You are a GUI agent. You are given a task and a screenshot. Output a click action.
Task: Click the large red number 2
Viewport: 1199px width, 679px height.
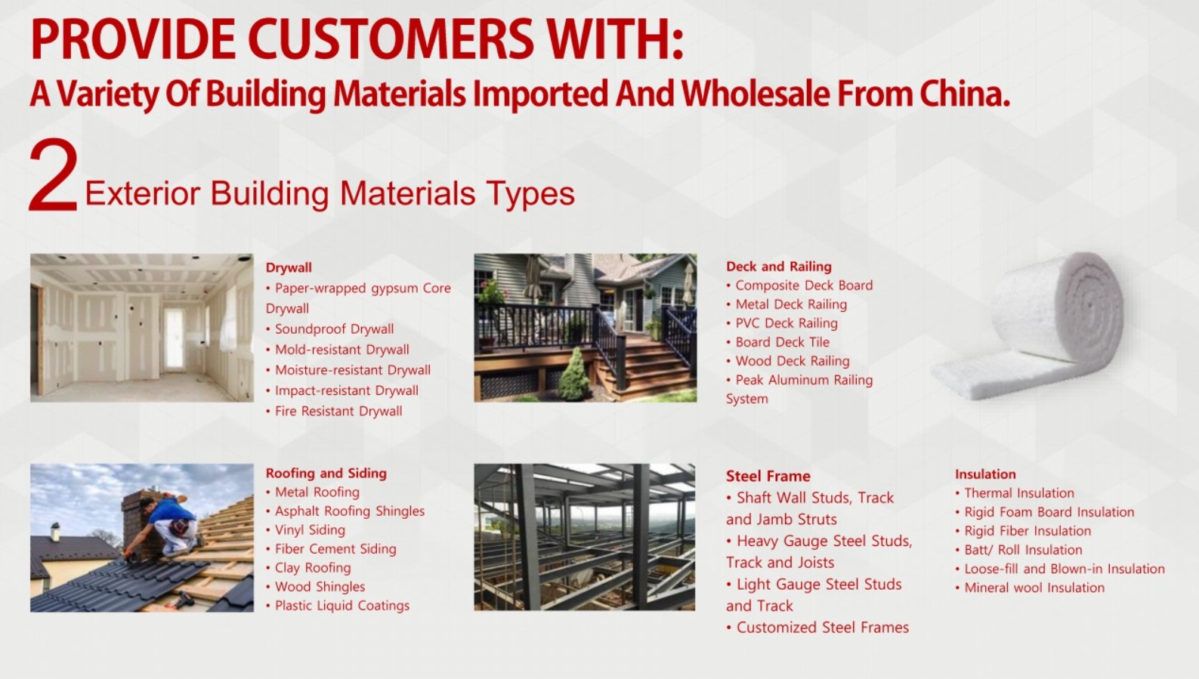54,175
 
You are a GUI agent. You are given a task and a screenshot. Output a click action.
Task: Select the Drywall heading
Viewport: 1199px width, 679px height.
289,267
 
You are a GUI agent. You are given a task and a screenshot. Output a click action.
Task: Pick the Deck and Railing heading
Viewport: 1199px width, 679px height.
779,267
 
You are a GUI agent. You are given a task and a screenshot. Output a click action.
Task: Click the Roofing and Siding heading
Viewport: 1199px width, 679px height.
326,474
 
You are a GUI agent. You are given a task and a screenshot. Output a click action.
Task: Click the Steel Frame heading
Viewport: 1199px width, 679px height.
768,477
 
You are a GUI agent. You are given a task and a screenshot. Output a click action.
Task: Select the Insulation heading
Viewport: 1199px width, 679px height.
985,474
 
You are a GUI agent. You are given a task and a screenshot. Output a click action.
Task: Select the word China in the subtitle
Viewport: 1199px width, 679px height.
965,94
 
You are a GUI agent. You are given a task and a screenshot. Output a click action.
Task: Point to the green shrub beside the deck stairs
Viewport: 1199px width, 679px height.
573,375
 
